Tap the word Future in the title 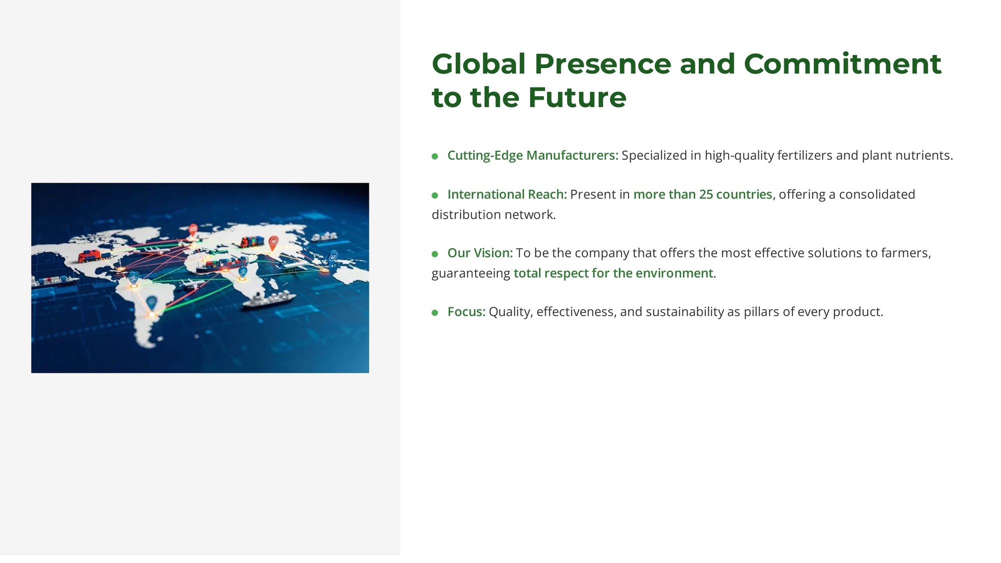(577, 98)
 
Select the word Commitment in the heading (842, 64)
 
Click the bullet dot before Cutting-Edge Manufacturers (435, 156)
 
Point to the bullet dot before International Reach (435, 195)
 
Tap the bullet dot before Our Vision (435, 254)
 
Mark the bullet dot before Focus (435, 313)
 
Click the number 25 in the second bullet (706, 194)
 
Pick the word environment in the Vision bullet (674, 273)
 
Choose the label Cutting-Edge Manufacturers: (533, 156)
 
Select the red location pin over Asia (273, 243)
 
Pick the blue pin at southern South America (152, 304)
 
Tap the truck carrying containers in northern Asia (252, 242)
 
